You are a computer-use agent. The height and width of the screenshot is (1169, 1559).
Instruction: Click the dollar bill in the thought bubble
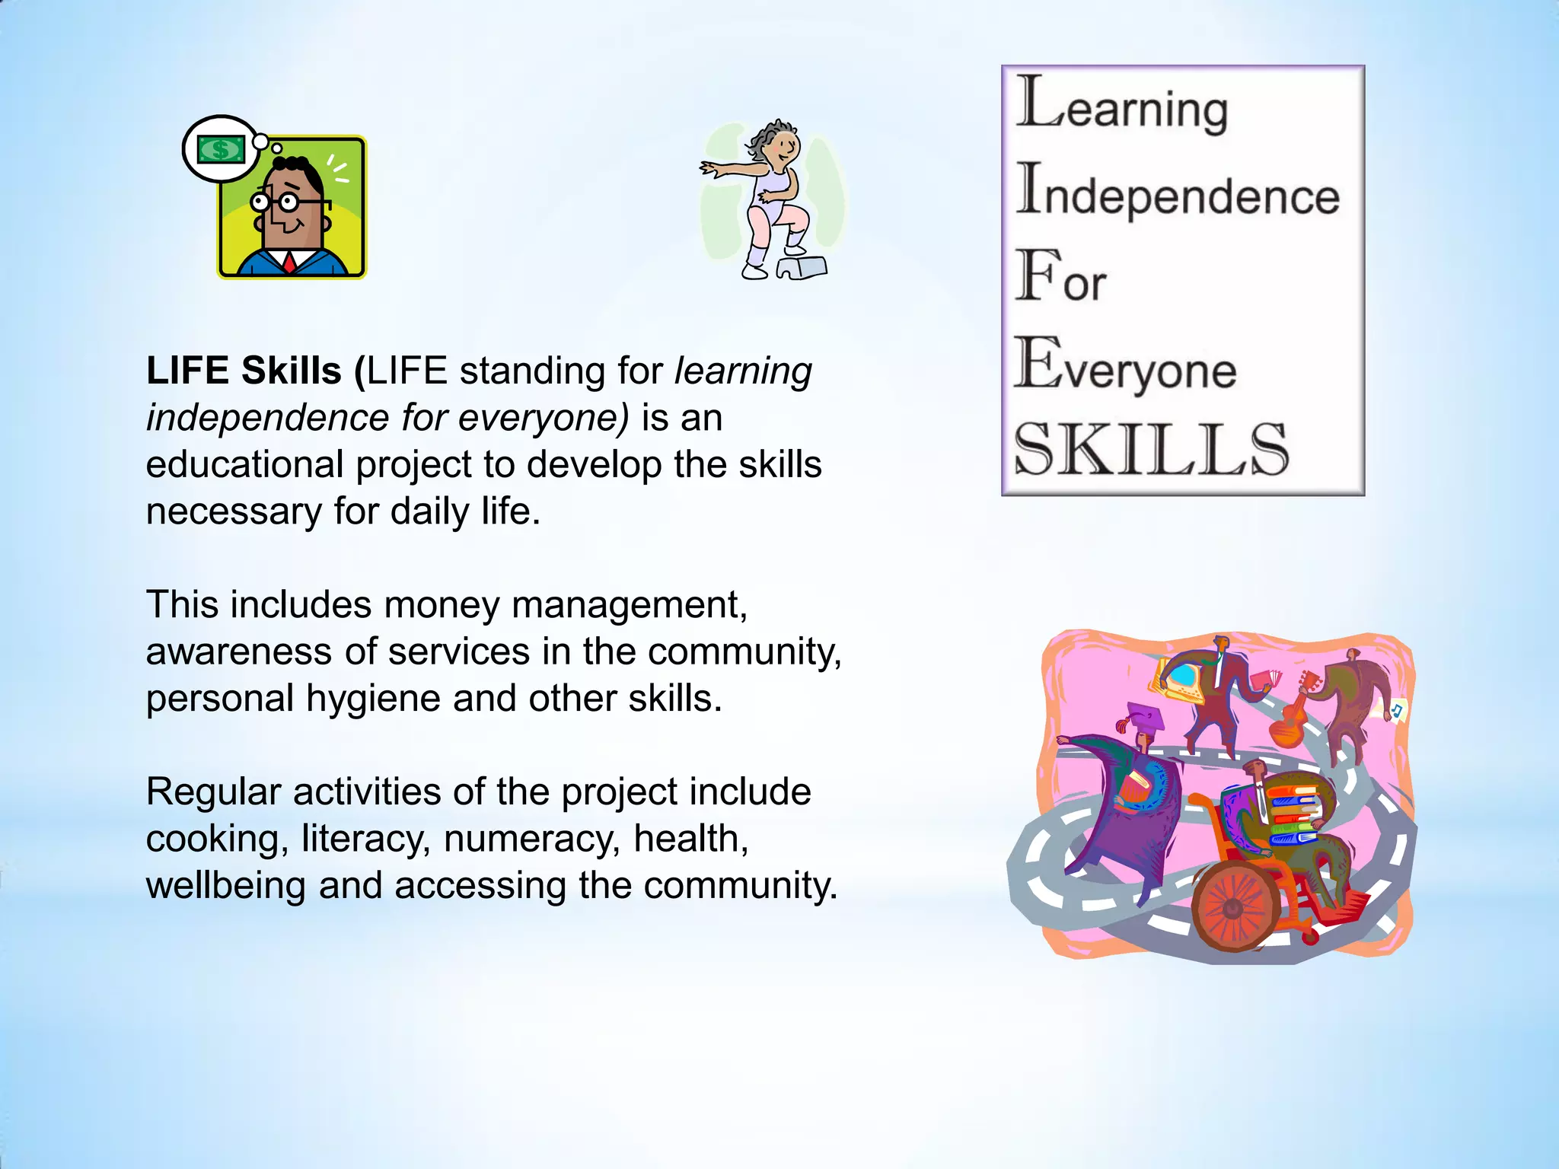click(221, 149)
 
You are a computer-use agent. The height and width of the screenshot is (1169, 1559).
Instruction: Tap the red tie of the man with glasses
click(290, 263)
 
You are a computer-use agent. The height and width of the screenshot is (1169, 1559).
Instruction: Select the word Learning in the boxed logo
click(1123, 106)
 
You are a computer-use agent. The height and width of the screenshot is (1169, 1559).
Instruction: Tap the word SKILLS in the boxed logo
click(1151, 451)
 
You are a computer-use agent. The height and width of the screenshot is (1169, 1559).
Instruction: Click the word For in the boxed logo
click(1060, 278)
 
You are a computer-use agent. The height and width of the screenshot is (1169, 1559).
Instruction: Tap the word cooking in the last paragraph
click(217, 839)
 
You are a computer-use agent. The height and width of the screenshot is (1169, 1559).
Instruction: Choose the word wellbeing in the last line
click(225, 886)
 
